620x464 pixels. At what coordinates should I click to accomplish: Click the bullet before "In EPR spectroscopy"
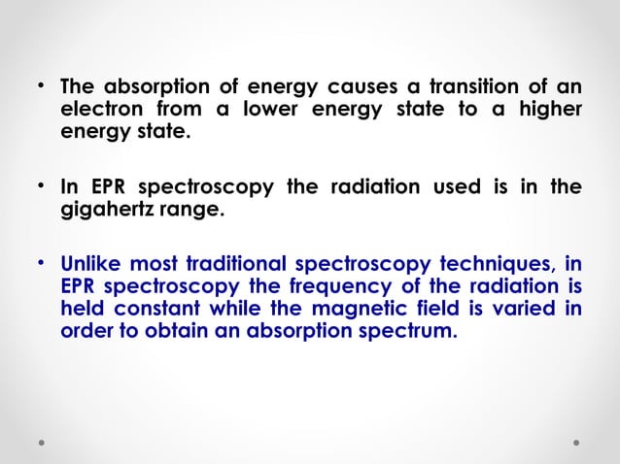(x=42, y=184)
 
